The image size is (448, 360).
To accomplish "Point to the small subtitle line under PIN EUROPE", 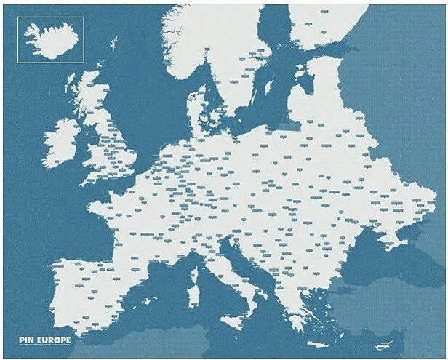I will coord(51,345).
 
